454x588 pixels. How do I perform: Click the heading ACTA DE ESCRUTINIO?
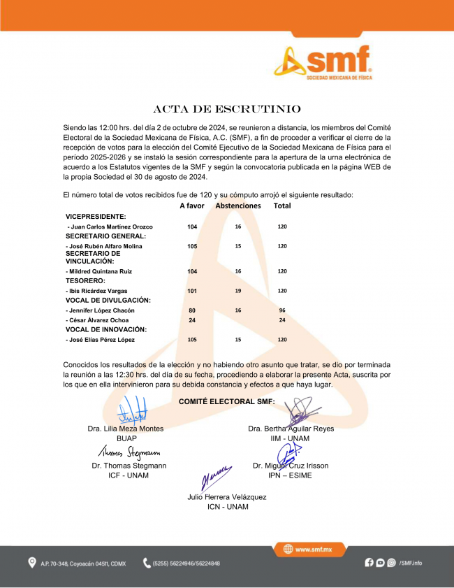(x=227, y=110)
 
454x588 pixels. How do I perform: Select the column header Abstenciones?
(x=237, y=206)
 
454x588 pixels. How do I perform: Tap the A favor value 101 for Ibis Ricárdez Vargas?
(x=192, y=290)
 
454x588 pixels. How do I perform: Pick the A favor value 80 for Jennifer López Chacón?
(x=192, y=310)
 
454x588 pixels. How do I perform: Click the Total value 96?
(x=282, y=310)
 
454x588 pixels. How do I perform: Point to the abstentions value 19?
(x=237, y=290)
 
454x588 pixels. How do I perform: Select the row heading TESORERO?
(x=85, y=280)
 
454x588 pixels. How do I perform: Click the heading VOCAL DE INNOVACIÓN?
(x=106, y=329)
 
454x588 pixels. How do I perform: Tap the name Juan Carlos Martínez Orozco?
(x=110, y=227)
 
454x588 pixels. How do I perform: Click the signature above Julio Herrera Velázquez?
(x=216, y=479)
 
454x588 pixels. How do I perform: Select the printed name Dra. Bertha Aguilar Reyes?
(x=291, y=429)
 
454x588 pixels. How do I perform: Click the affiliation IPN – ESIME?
(x=290, y=475)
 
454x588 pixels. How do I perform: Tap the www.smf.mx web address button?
(x=308, y=550)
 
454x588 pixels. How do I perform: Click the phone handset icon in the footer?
(x=147, y=563)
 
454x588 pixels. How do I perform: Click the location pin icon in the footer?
(x=31, y=563)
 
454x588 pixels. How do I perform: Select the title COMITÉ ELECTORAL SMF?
(x=227, y=401)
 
